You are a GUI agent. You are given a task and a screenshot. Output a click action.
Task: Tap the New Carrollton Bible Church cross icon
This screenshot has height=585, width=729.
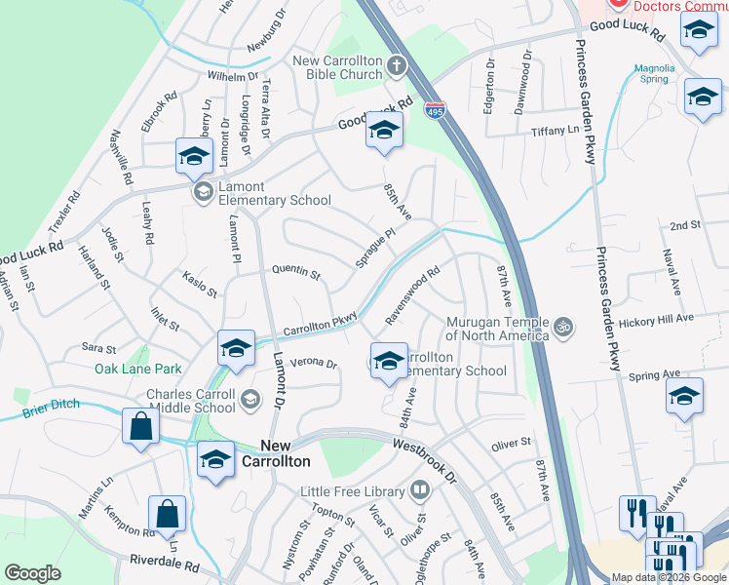click(396, 66)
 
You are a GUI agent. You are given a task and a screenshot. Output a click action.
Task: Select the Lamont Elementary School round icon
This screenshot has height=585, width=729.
click(204, 191)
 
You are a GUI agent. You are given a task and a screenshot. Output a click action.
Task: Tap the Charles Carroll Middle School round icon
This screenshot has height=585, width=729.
click(251, 398)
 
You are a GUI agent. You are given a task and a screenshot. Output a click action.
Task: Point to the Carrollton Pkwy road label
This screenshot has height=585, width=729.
click(322, 325)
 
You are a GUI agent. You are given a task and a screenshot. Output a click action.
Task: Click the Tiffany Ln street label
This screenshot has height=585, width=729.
click(555, 131)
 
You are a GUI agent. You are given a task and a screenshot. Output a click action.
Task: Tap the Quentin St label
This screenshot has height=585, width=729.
click(296, 272)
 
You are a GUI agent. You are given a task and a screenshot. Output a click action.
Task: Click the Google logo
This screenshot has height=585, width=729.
click(32, 573)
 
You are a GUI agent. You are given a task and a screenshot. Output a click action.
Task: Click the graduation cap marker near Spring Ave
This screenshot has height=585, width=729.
click(684, 398)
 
